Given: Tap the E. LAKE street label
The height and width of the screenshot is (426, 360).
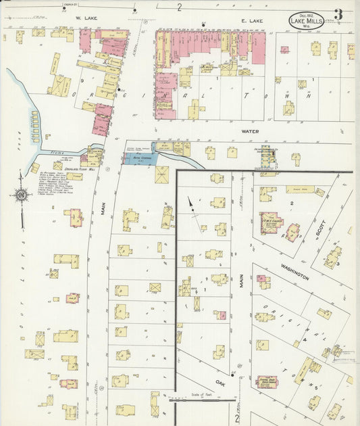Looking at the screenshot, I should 251,22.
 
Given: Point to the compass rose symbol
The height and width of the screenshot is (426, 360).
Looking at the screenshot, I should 21,196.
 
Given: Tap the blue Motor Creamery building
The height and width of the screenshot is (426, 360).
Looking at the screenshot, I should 140,158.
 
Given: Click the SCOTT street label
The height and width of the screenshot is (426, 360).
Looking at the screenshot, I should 319,230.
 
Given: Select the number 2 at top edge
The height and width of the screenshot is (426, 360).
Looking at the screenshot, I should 180,7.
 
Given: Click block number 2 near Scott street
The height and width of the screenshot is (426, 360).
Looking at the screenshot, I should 292,203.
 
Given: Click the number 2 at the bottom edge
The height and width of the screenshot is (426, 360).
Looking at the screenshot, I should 237,418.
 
